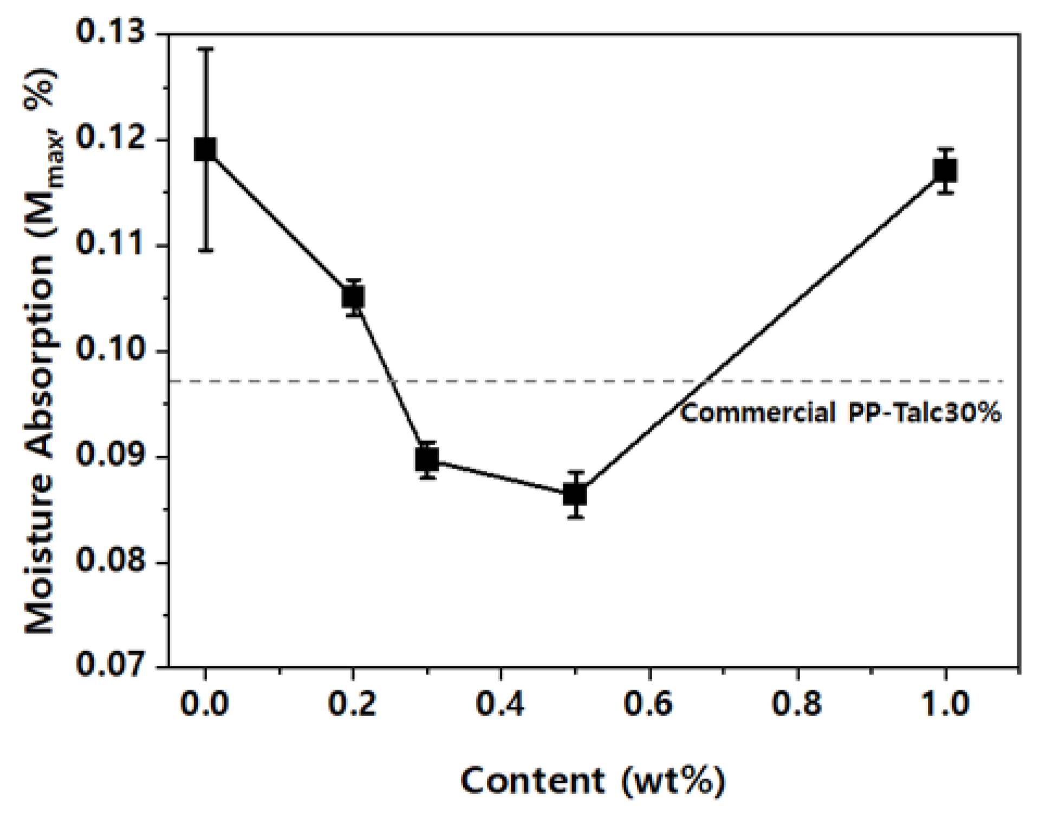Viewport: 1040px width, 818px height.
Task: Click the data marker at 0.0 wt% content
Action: tap(205, 149)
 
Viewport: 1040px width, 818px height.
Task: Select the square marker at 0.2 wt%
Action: tap(353, 297)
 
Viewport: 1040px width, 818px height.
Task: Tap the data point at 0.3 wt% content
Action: tap(427, 460)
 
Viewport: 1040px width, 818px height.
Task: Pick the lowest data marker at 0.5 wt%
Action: tap(575, 494)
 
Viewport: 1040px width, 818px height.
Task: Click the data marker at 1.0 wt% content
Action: tap(945, 171)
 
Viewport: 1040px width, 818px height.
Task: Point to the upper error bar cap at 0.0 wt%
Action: tap(205, 49)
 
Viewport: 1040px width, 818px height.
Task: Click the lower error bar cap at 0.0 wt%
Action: tap(205, 250)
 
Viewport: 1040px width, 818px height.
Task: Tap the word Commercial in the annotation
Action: tap(758, 413)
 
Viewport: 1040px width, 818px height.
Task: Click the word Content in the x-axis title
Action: tap(532, 781)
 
